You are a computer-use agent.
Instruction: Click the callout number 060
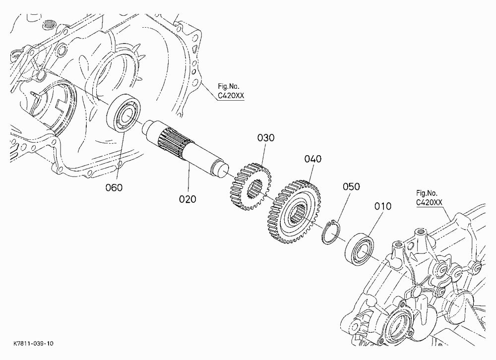pos(114,187)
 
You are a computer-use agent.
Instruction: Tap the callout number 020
pos(187,199)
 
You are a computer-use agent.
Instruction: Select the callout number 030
pos(266,138)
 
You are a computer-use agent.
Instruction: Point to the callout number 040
pos(313,159)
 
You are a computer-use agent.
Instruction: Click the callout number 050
pos(351,186)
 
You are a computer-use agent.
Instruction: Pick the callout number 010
pos(383,206)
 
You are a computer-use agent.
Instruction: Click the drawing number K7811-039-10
pos(34,344)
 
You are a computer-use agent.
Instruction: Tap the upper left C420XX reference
pos(231,95)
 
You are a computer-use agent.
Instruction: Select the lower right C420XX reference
pos(429,202)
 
